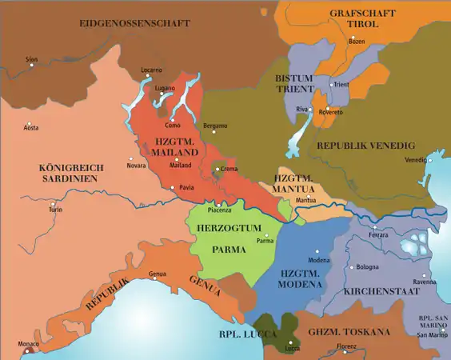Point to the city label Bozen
tap(356, 41)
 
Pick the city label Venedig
tap(416, 160)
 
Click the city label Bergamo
tap(215, 126)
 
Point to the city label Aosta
tap(31, 128)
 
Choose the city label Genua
tap(158, 274)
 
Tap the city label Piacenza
tap(219, 210)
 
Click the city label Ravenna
tap(424, 282)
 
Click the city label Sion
tap(31, 59)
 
